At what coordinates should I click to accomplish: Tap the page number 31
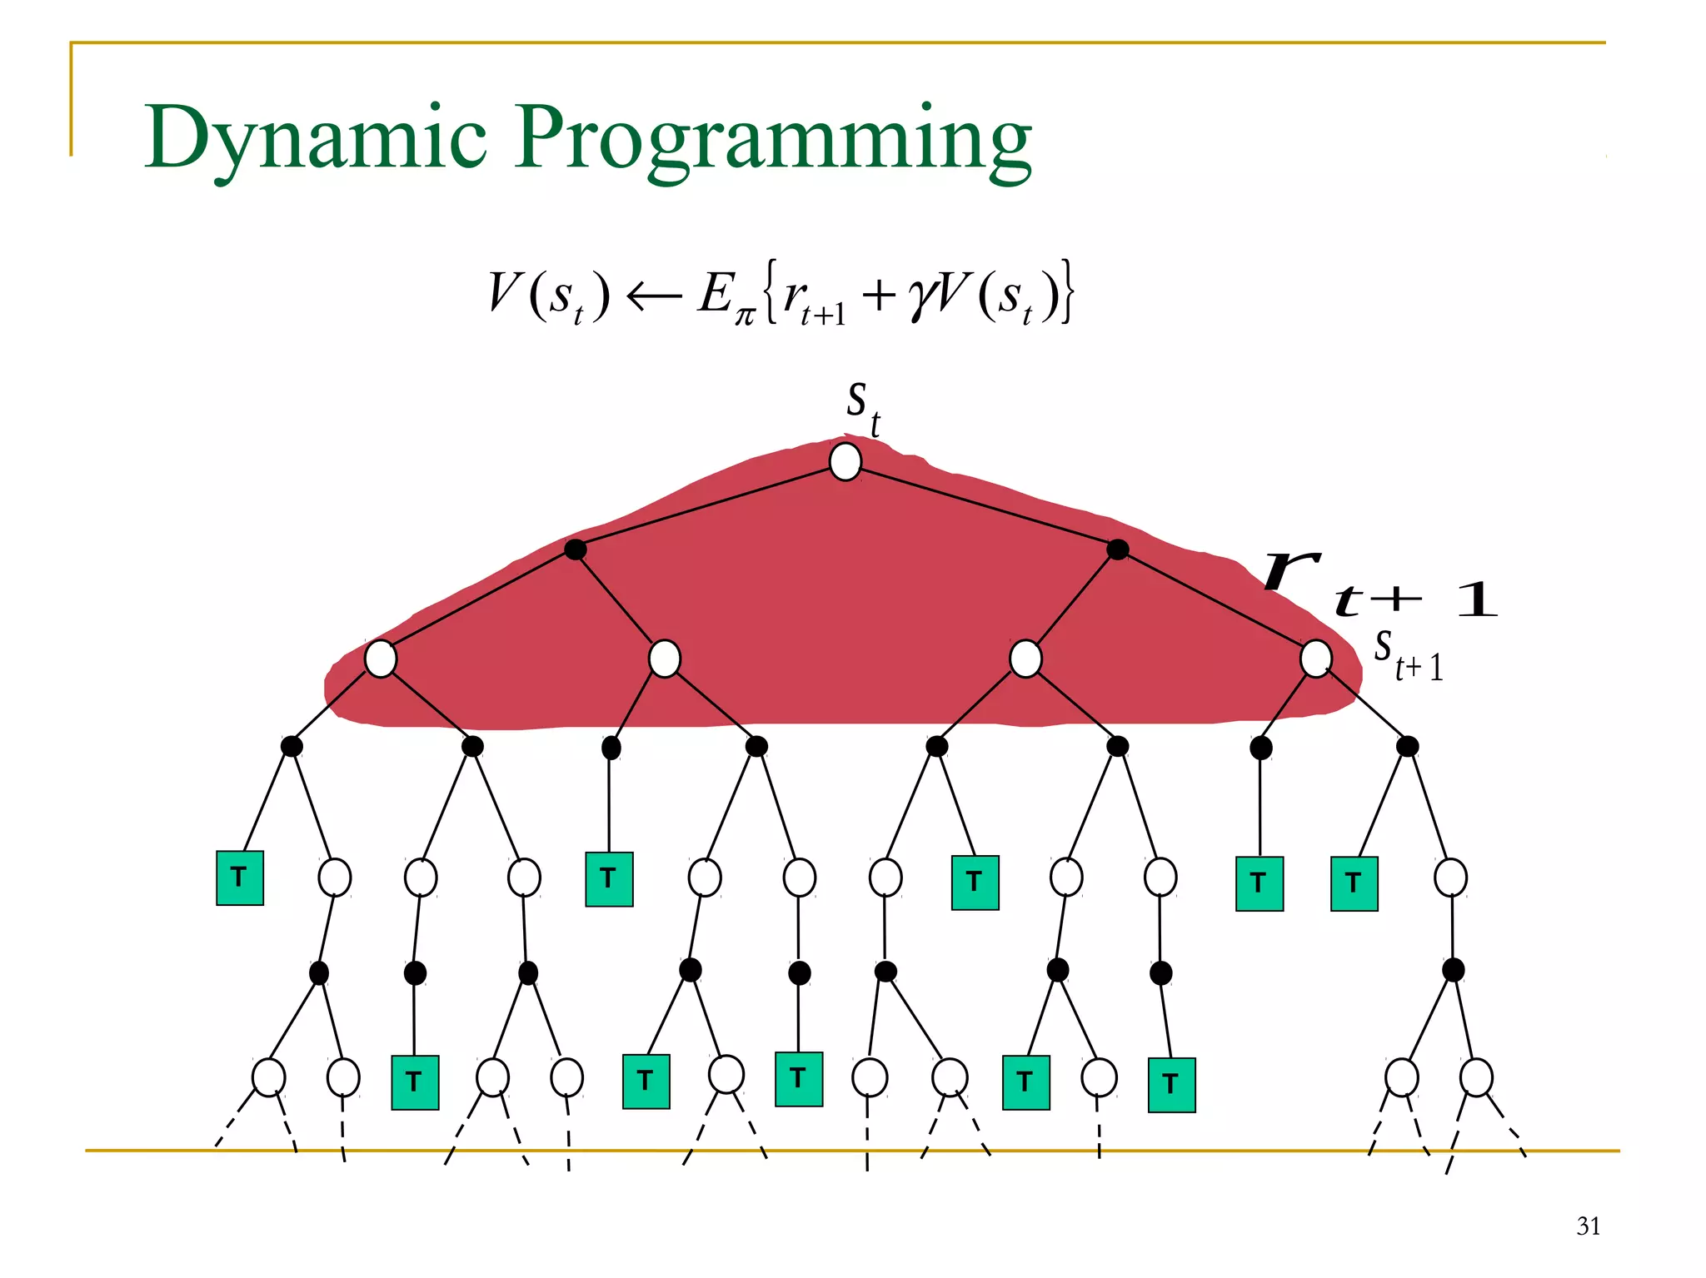click(1588, 1226)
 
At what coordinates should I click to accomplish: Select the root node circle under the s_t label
click(846, 462)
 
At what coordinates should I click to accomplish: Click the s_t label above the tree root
click(862, 407)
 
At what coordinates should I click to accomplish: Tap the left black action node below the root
click(575, 549)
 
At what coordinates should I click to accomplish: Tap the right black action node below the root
click(1118, 549)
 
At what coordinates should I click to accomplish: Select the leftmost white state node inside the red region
click(381, 659)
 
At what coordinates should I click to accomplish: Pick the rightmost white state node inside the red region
click(1315, 659)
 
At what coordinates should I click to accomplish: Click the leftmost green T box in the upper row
click(240, 878)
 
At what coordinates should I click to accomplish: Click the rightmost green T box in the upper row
click(1354, 883)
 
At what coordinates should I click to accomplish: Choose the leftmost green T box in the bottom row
click(415, 1082)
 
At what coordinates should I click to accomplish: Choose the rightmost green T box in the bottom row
click(1171, 1085)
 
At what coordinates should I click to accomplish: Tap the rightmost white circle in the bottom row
click(1476, 1078)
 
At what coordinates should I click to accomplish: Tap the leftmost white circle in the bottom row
click(268, 1077)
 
